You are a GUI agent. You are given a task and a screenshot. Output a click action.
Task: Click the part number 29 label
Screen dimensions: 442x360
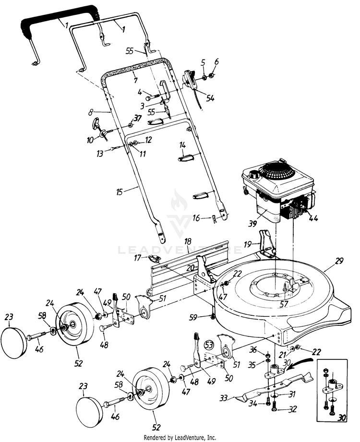pyautogui.click(x=340, y=261)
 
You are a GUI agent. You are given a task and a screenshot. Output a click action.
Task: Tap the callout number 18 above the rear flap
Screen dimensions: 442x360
pyautogui.click(x=188, y=240)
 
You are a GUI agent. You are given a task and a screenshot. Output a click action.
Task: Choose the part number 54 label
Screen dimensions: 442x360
pyautogui.click(x=210, y=98)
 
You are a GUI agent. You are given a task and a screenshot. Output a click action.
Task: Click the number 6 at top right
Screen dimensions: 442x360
pyautogui.click(x=216, y=62)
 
